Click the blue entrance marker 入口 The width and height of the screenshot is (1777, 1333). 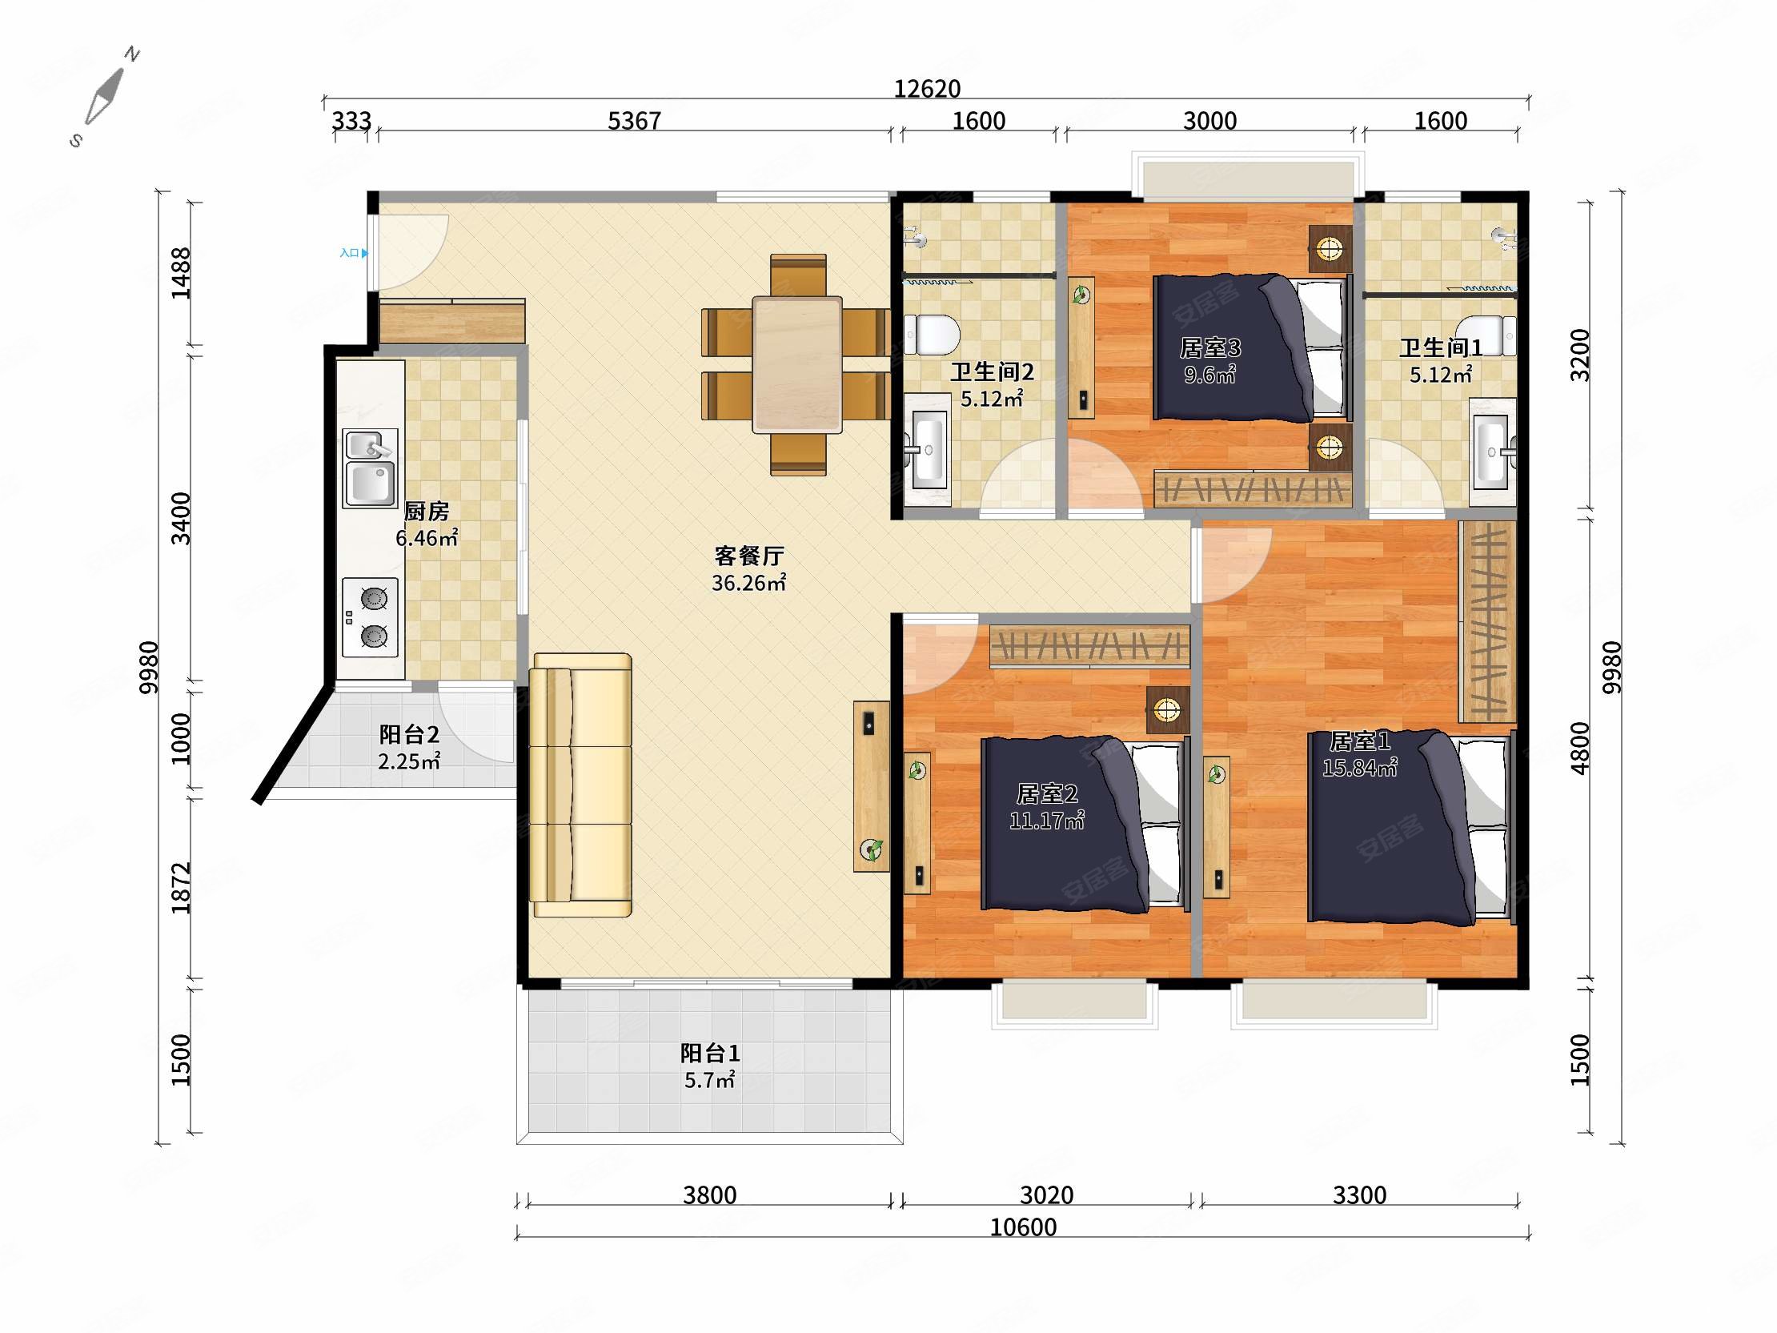[354, 253]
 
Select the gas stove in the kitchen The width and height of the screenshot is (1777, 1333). [371, 618]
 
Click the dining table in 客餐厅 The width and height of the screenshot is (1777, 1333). [797, 365]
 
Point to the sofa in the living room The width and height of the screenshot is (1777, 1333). [581, 785]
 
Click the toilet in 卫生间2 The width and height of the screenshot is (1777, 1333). [932, 335]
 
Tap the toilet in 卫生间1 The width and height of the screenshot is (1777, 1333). [1488, 335]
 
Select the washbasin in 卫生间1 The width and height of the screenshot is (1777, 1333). [1493, 453]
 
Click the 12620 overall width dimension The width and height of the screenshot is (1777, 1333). [927, 88]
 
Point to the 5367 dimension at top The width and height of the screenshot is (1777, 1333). [634, 121]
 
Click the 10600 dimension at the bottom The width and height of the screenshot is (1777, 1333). [1023, 1227]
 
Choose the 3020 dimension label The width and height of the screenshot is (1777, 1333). [1046, 1194]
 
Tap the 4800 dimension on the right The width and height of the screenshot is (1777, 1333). [1579, 748]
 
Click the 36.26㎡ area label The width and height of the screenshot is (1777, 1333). [748, 583]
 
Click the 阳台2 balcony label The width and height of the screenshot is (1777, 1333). [409, 733]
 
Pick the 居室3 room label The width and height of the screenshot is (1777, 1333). [1209, 347]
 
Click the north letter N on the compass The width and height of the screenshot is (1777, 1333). [132, 54]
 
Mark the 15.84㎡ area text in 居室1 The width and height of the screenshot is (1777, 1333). [1359, 768]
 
